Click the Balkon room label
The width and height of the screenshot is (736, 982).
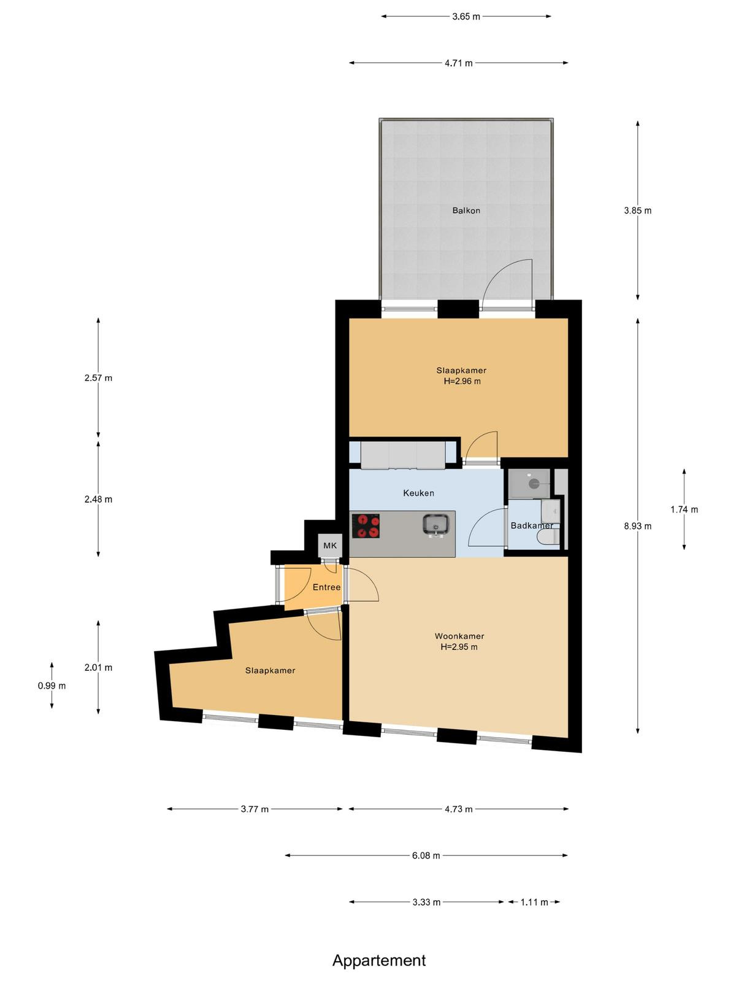(x=466, y=211)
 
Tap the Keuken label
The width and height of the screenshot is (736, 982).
(x=418, y=493)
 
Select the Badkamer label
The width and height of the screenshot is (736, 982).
(x=532, y=525)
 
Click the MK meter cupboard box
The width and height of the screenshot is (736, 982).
(x=330, y=546)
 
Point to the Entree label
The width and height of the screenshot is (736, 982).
(x=326, y=587)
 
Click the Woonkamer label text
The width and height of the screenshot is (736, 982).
(x=459, y=636)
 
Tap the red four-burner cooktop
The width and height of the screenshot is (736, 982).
(x=366, y=525)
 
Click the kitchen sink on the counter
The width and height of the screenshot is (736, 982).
(x=435, y=525)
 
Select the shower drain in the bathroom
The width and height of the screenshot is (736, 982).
(x=534, y=483)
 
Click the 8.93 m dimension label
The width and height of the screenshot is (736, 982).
(x=638, y=526)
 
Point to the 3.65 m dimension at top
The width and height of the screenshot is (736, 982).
(x=466, y=17)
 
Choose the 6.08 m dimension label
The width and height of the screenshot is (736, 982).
(x=426, y=856)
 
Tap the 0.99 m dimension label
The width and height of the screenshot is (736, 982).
(x=52, y=686)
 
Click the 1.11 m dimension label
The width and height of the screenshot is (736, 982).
(x=534, y=902)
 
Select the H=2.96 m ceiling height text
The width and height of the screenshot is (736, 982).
(x=462, y=381)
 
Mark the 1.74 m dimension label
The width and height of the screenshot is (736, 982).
(x=684, y=509)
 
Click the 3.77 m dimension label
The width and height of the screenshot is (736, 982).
(x=255, y=809)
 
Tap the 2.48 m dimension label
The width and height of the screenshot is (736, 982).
(x=98, y=499)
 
